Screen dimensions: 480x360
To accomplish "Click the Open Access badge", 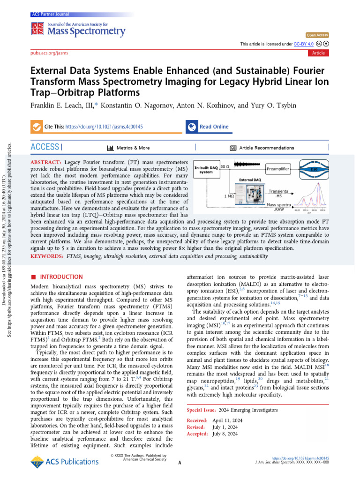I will click(x=317, y=35).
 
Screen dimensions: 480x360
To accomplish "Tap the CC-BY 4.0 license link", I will click(x=304, y=44).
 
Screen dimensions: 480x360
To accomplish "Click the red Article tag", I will click(x=318, y=53).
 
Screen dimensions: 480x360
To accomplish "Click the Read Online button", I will click(x=214, y=127).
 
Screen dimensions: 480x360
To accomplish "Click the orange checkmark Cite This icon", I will click(x=36, y=127).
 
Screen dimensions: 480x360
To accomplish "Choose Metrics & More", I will click(x=133, y=148).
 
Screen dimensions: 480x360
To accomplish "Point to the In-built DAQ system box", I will click(x=206, y=169).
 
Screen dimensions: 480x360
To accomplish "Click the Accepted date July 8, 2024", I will click(x=225, y=434).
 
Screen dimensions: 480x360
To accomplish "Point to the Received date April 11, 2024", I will click(x=226, y=420).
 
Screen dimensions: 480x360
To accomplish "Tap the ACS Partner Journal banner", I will click(x=49, y=15).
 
